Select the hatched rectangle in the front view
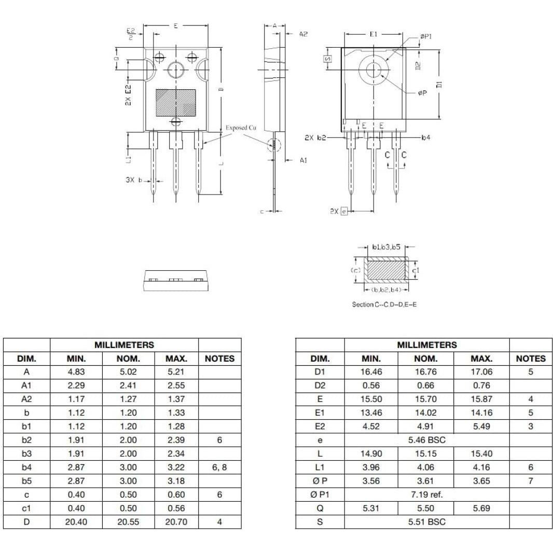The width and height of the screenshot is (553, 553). click(176, 102)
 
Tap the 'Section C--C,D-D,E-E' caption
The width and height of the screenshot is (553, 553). click(384, 305)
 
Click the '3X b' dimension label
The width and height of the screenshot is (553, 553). click(133, 180)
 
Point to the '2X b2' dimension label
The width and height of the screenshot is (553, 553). click(315, 137)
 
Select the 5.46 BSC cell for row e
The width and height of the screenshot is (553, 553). click(427, 440)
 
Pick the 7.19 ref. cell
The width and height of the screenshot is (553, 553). click(427, 494)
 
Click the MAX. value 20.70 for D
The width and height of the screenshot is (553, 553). click(176, 522)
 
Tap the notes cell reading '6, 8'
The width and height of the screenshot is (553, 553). click(219, 467)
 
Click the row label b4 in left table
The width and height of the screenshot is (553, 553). click(26, 467)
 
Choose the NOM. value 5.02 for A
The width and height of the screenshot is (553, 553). click(128, 372)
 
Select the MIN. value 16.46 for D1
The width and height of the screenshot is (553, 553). click(371, 372)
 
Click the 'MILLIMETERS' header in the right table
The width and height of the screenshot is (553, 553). click(427, 344)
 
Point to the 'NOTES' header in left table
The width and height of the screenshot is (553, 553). click(219, 358)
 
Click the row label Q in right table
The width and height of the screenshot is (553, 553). click(320, 508)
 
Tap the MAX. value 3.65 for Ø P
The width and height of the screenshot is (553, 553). click(481, 481)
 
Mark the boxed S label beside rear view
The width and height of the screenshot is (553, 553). click(327, 59)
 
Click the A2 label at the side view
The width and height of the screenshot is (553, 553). click(303, 34)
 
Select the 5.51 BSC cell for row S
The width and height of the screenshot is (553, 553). click(427, 522)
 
